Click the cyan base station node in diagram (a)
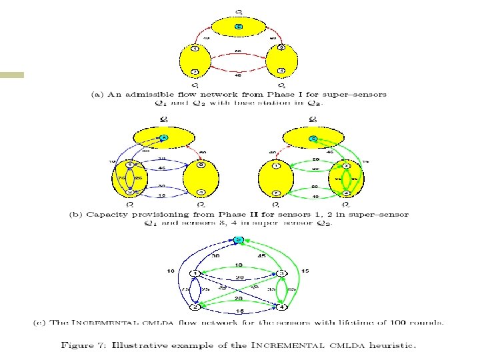click(238, 27)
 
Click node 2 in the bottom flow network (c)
click(194, 307)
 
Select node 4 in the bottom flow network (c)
click(282, 307)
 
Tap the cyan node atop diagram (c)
click(238, 248)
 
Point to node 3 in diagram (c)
click(282, 273)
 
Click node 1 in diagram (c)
click(194, 273)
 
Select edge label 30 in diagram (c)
click(215, 255)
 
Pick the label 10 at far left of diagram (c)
click(171, 271)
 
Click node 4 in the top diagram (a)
click(282, 71)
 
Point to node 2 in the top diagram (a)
click(194, 71)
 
